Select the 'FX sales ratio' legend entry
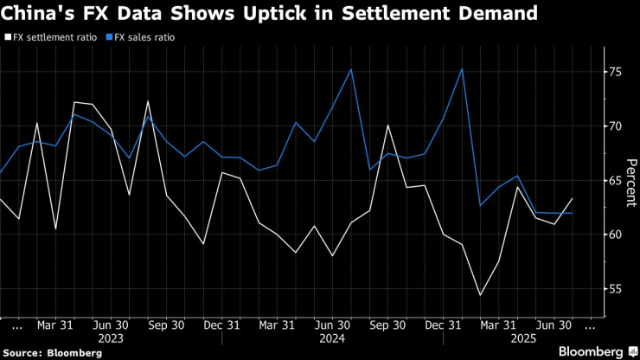(142, 38)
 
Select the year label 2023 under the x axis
(112, 338)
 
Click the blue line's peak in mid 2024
(351, 69)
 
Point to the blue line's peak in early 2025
(463, 69)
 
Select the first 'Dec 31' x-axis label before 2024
(221, 325)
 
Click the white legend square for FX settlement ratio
(8, 38)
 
